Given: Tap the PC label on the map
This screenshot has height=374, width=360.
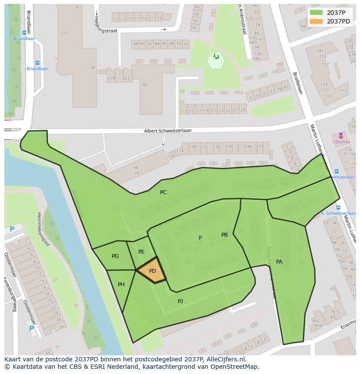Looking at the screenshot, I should pos(163,192).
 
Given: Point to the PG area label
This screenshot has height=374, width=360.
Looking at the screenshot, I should pos(115,256).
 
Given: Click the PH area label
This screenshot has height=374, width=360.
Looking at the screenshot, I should pos(121,285).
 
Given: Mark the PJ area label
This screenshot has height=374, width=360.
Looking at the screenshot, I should pos(180,301).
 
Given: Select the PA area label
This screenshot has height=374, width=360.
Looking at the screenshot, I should pos(279,262).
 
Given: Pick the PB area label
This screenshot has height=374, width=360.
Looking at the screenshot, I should pos(224,235).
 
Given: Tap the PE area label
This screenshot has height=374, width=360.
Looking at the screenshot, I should pos(141,252).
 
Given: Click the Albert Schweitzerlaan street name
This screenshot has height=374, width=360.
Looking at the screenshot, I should pos(168,131).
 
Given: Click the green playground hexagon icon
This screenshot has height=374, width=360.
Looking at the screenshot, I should pos(216,60).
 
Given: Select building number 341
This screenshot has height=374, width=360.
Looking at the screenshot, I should pos(145,85).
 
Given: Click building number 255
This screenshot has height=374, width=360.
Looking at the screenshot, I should pos(65,33).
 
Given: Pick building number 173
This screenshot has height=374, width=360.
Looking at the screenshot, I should pos(343,91).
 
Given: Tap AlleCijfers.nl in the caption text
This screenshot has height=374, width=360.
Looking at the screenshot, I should pos(225,359).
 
